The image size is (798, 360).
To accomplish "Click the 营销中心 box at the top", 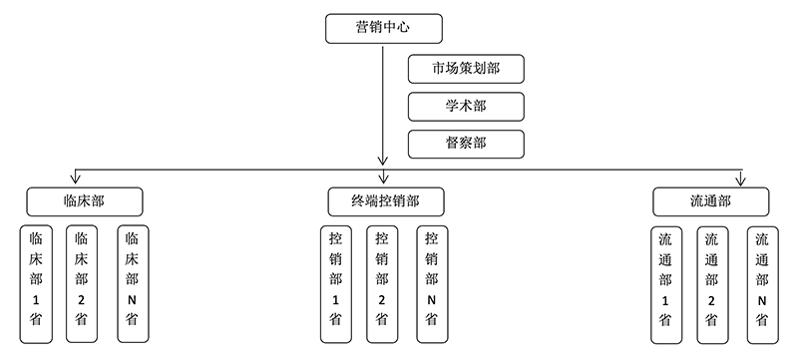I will [x=383, y=28].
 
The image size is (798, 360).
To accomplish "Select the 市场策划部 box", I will [x=466, y=70].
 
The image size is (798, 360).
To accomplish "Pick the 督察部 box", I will [x=466, y=144].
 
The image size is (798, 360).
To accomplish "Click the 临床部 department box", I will [x=84, y=200].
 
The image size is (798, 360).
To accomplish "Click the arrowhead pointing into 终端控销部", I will [x=383, y=161].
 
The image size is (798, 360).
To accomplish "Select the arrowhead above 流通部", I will [x=740, y=180].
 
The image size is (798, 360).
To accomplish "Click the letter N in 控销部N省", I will [x=431, y=299].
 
